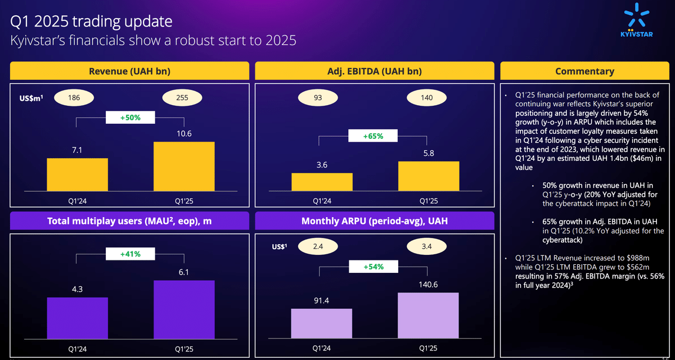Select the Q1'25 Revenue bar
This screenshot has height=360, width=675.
coord(183,166)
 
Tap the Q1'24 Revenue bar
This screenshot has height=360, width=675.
coord(77,174)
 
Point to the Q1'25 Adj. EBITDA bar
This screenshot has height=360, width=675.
coord(428,177)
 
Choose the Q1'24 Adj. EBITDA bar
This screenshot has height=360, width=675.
coord(322,182)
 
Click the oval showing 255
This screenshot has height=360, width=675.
coord(183,97)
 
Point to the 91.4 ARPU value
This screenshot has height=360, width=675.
coord(322,301)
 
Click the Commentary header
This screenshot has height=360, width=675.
coord(584,71)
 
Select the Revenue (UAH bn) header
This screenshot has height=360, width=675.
coord(129,71)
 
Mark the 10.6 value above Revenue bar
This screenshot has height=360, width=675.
coord(183,133)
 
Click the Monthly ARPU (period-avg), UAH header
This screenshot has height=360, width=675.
coord(375,220)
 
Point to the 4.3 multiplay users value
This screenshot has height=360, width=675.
coord(77,290)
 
